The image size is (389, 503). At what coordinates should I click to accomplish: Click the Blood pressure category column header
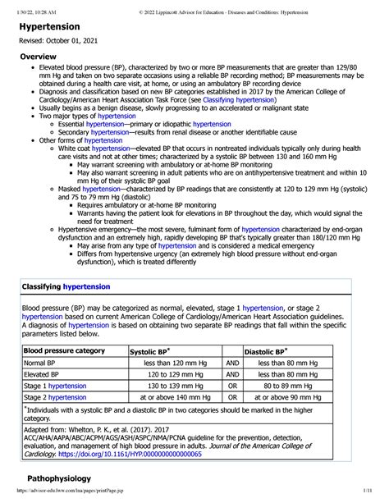(x=65, y=350)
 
